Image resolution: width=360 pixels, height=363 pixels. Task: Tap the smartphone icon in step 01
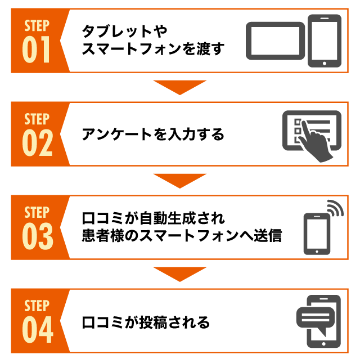(x=325, y=41)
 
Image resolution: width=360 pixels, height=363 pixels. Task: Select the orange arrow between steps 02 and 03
(x=180, y=181)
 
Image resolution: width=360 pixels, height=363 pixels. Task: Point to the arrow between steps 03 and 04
(x=180, y=274)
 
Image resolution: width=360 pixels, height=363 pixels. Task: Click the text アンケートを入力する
(x=152, y=135)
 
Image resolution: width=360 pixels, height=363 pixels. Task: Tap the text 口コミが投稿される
(x=146, y=322)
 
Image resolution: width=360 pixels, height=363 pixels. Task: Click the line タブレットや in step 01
(x=124, y=30)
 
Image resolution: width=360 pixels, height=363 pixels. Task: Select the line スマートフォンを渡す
(x=152, y=49)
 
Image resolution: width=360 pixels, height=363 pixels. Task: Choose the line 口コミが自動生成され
(x=153, y=217)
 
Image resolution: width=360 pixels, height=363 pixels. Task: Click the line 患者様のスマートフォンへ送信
(x=181, y=236)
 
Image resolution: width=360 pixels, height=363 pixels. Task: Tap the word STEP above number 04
(x=37, y=306)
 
